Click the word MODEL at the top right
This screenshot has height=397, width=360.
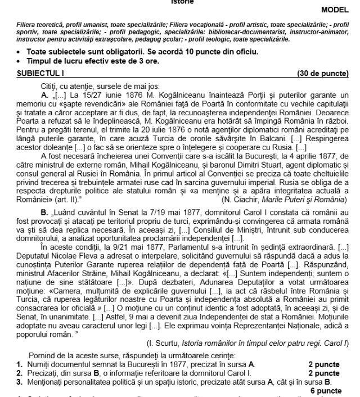(335, 10)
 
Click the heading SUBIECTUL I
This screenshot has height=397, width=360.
(40, 74)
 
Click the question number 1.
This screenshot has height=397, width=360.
(19, 364)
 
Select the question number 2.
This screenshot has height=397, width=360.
(19, 373)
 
